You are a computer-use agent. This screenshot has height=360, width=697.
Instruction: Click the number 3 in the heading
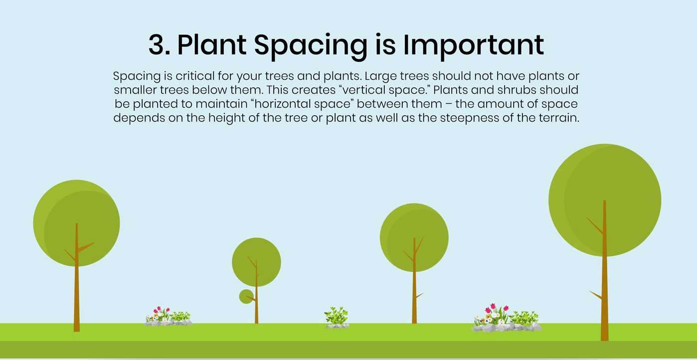pyautogui.click(x=159, y=45)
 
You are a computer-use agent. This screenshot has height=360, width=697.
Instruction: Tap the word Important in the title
pyautogui.click(x=473, y=45)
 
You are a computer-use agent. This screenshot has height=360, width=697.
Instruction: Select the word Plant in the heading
pyautogui.click(x=211, y=45)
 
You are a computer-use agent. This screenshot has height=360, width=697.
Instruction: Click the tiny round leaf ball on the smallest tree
pyautogui.click(x=246, y=297)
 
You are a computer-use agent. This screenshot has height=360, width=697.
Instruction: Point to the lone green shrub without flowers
pyautogui.click(x=337, y=317)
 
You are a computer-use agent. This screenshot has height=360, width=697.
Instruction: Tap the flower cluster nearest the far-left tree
pyautogui.click(x=168, y=317)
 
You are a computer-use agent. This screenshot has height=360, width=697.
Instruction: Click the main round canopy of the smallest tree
pyautogui.click(x=256, y=260)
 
